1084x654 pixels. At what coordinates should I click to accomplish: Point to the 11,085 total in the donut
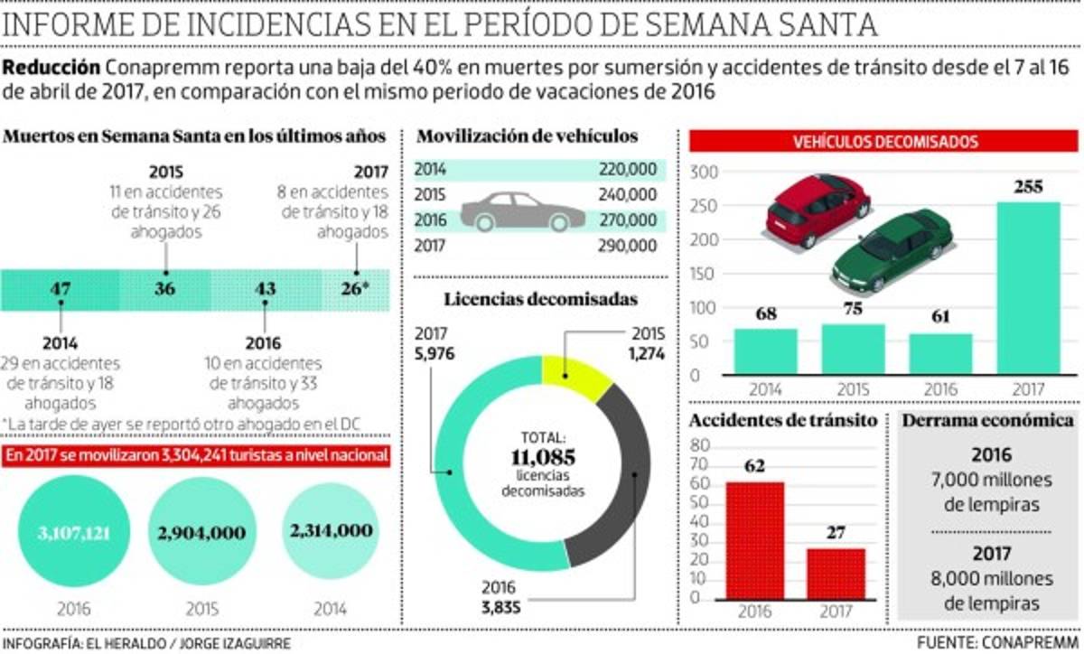tap(541, 456)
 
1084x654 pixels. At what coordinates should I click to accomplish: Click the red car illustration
tap(818, 210)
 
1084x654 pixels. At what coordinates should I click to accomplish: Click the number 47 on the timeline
tap(61, 290)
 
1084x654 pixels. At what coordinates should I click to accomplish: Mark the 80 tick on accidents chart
tap(697, 444)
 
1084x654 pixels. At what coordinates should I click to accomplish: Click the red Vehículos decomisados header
tap(884, 143)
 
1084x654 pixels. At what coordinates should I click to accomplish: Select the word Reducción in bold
tap(51, 69)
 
